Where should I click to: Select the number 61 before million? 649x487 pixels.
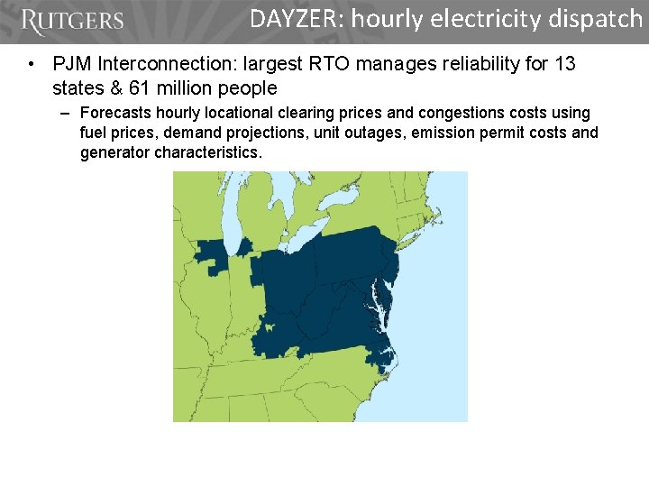139,87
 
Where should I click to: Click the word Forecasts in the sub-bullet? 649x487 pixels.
114,114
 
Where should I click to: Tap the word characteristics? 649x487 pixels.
208,152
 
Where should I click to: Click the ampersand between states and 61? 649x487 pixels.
113,87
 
